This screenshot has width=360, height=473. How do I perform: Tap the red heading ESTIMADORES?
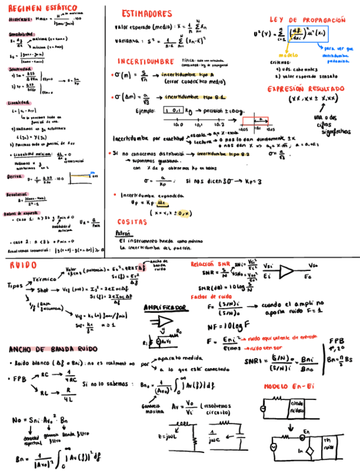(147, 13)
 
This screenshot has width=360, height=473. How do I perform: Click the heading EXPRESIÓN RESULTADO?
(305, 89)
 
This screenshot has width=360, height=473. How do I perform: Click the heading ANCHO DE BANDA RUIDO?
(53, 349)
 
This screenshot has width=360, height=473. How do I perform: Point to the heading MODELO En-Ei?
(290, 386)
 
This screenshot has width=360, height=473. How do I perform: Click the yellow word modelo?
(288, 55)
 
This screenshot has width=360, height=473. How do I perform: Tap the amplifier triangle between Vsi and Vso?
(286, 272)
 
